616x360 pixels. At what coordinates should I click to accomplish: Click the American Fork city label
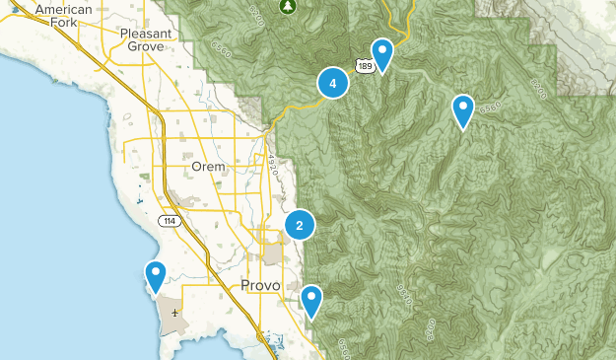(63, 16)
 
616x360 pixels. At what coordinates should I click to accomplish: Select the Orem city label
(209, 167)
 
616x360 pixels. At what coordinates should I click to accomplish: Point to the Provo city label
(261, 285)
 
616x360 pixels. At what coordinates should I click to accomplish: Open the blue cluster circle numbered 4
(333, 84)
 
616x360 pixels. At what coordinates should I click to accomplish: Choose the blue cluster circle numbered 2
(300, 226)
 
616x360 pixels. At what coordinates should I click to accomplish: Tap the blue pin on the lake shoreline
(155, 276)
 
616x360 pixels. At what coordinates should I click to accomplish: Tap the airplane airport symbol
(174, 313)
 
